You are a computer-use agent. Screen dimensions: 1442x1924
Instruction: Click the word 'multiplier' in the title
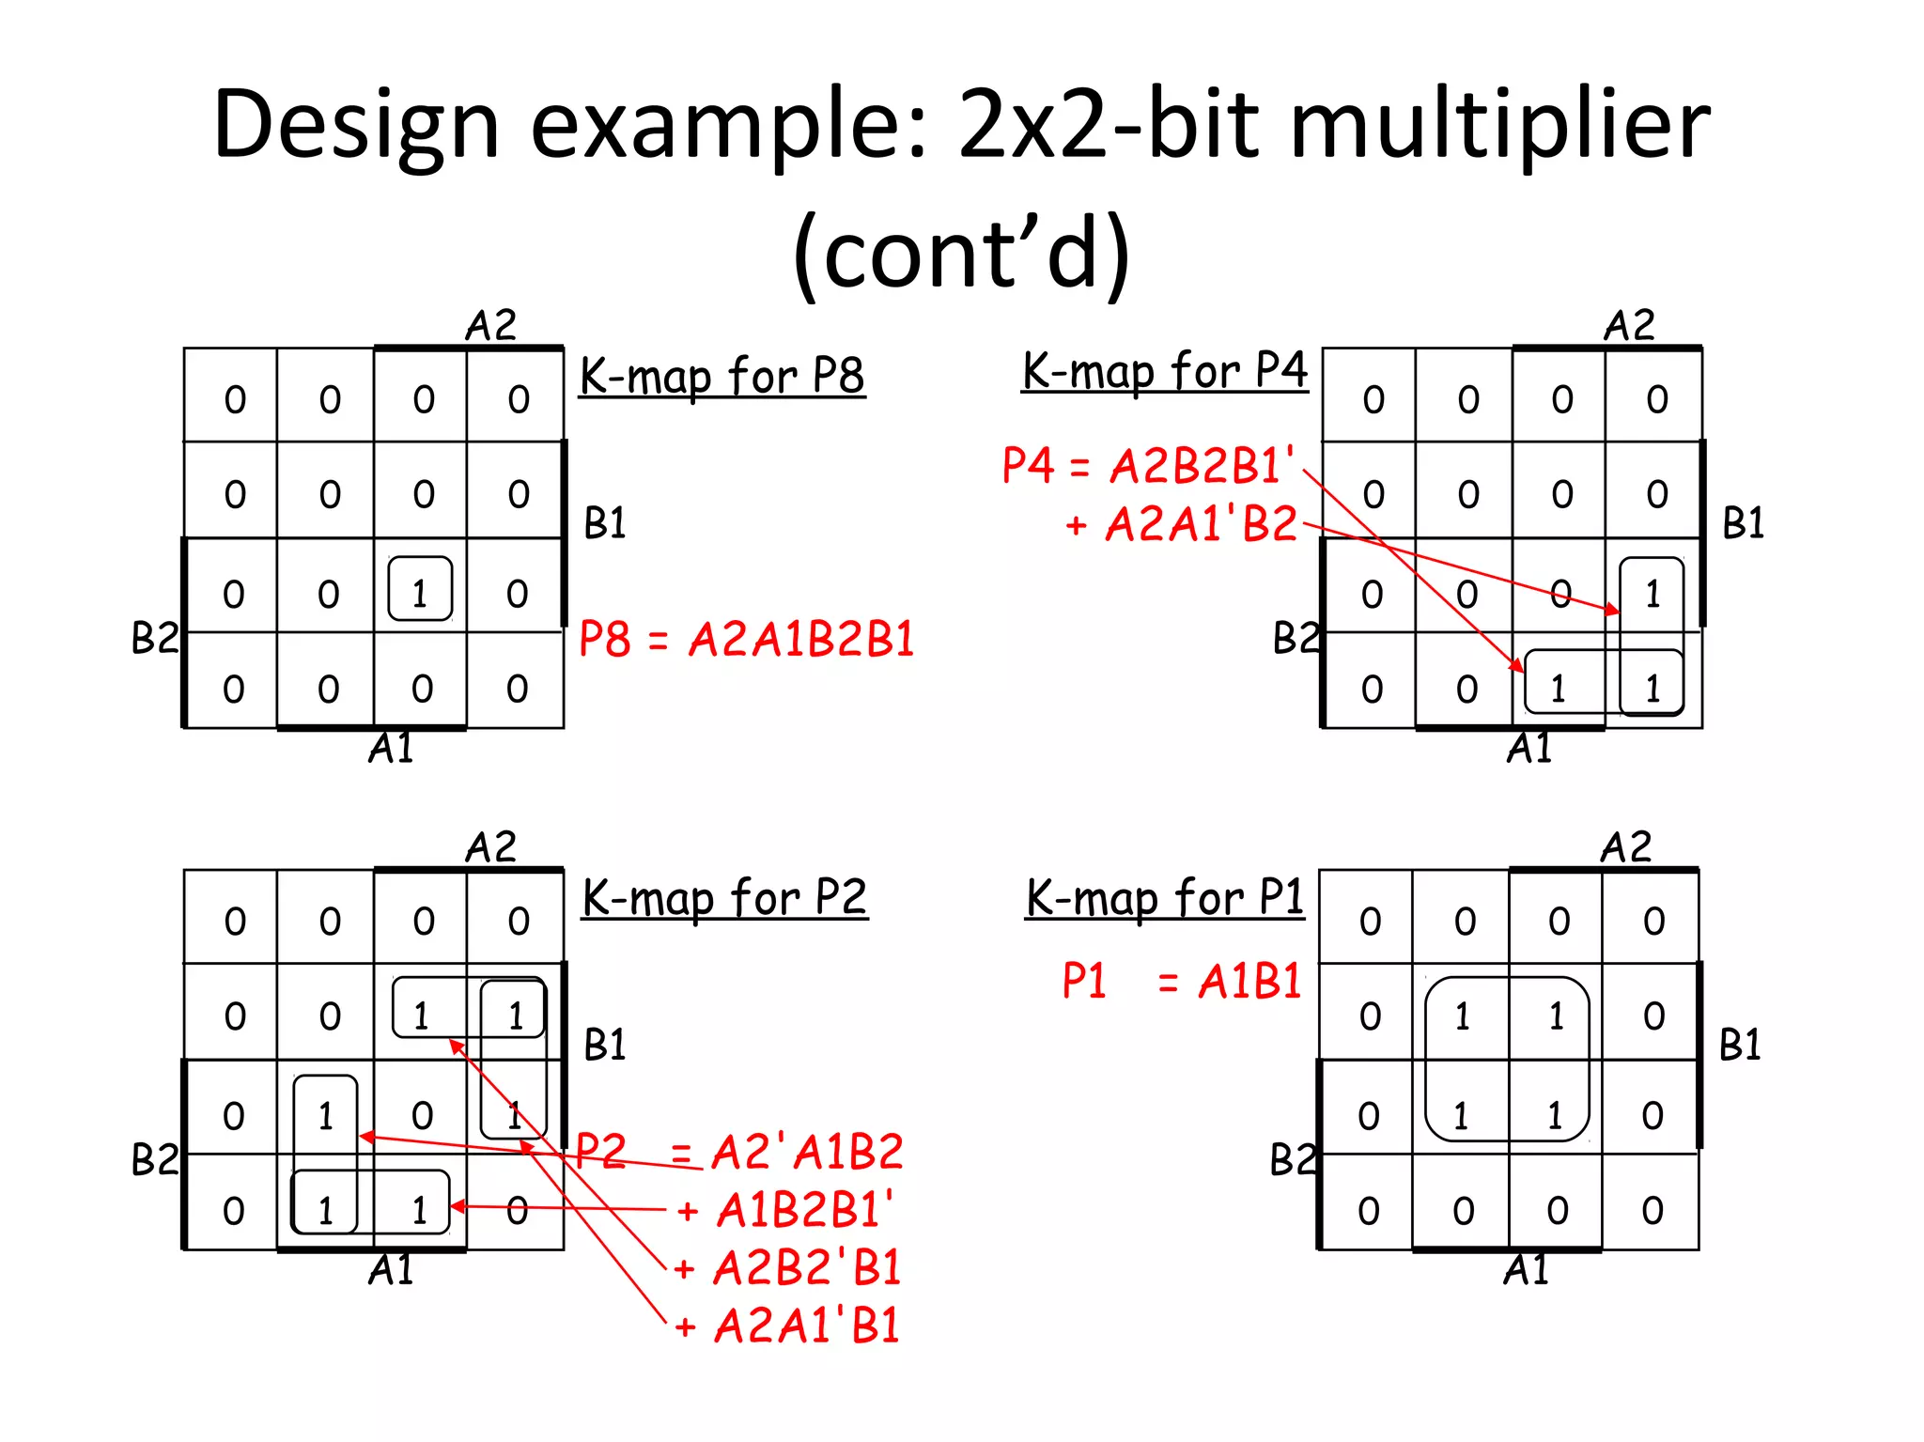[1499, 125]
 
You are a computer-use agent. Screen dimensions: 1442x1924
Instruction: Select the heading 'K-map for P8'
[721, 377]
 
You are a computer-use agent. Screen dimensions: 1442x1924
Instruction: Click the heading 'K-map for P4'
[1164, 371]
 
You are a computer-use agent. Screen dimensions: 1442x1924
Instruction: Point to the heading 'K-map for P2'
[724, 898]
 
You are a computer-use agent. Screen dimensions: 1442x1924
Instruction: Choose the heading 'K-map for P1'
[1164, 898]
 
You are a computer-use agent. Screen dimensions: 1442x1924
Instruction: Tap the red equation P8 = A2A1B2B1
[746, 640]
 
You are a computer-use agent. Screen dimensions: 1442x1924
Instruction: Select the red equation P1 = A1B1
[1181, 982]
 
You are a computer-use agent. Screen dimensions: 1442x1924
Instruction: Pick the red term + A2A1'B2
[1182, 524]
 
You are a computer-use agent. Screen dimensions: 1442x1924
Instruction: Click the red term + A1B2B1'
[786, 1210]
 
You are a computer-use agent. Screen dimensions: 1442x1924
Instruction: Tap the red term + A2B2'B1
[788, 1268]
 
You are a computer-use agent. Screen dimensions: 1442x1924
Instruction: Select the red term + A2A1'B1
[788, 1326]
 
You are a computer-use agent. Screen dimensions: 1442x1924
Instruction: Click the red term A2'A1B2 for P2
[807, 1153]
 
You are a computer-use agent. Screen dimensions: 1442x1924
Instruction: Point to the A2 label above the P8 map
[490, 326]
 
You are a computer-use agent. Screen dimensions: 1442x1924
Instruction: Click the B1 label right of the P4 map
[1743, 523]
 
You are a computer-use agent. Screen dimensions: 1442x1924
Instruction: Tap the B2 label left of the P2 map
[154, 1159]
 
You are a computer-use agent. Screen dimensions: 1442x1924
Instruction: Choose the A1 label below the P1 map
[1526, 1270]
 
